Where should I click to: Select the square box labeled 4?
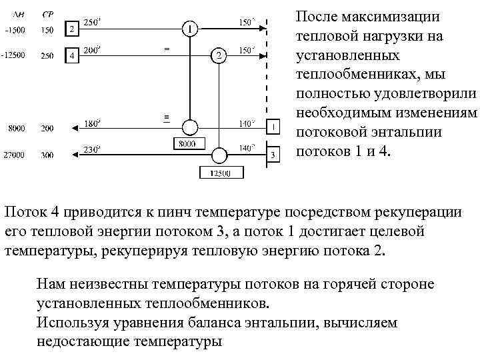(71, 56)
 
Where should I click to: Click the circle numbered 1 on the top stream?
(190, 29)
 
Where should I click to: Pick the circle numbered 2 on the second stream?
(218, 56)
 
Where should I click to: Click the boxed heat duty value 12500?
(220, 174)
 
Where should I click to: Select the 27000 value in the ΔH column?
(13, 155)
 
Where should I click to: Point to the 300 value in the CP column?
(47, 155)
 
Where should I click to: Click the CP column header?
(48, 14)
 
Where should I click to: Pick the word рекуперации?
(423, 213)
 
